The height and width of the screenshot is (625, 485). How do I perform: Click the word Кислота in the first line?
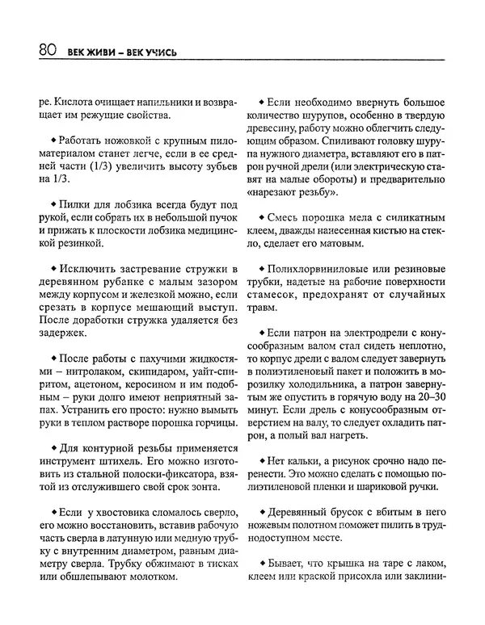click(x=75, y=103)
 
